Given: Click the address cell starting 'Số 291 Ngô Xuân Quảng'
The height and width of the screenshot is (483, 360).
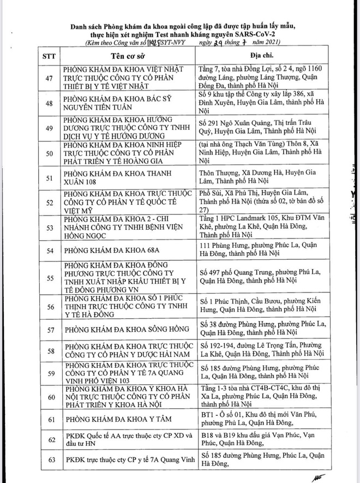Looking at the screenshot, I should pos(260,127).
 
